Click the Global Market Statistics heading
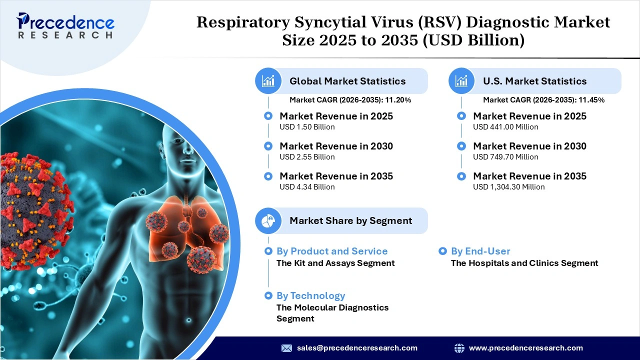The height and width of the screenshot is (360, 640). [x=347, y=81]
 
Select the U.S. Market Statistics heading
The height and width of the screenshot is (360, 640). [x=534, y=81]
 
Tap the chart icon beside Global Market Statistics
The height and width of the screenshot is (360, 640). [x=268, y=81]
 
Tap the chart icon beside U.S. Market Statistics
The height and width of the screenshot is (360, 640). [x=461, y=81]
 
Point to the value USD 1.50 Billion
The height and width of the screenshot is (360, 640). [x=307, y=127]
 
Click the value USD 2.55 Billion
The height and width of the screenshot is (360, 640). [x=307, y=157]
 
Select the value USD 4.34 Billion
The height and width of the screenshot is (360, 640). [x=307, y=187]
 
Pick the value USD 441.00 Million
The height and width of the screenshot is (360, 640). [x=505, y=127]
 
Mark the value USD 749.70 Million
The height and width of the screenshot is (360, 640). [x=505, y=157]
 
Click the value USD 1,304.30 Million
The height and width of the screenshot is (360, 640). [x=508, y=187]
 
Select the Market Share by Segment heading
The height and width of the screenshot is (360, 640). [x=350, y=220]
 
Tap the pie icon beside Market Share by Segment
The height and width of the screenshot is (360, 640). [x=268, y=220]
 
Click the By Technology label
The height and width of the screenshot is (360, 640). [x=310, y=295]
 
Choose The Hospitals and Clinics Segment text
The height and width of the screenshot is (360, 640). [x=524, y=263]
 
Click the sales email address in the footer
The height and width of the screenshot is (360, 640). [x=357, y=348]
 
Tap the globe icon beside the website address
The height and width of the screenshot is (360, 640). [x=459, y=348]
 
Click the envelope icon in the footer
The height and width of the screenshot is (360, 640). [x=286, y=348]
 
